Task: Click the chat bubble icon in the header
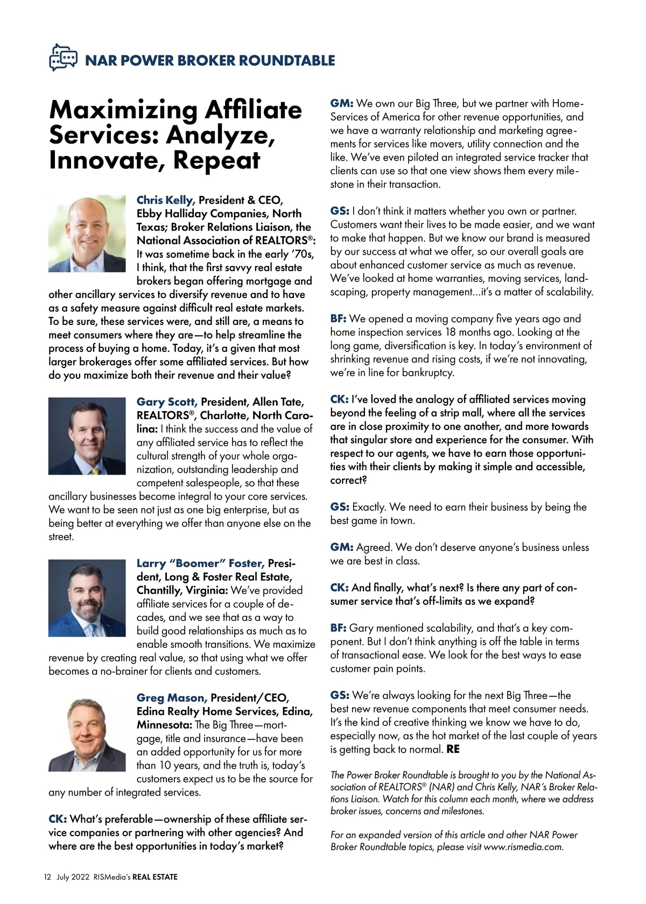(x=63, y=58)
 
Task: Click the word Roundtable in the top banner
(x=286, y=60)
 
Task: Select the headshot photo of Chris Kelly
(x=87, y=233)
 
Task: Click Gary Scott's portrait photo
(x=87, y=436)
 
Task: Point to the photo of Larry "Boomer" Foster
(x=87, y=598)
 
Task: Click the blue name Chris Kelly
(x=165, y=200)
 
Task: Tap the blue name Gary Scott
(x=166, y=402)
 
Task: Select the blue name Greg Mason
(x=171, y=698)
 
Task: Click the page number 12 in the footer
(x=47, y=877)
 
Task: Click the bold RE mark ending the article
(x=453, y=749)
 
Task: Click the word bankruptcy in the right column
(x=427, y=372)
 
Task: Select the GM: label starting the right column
(x=341, y=103)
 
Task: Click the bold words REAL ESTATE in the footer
(x=155, y=877)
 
